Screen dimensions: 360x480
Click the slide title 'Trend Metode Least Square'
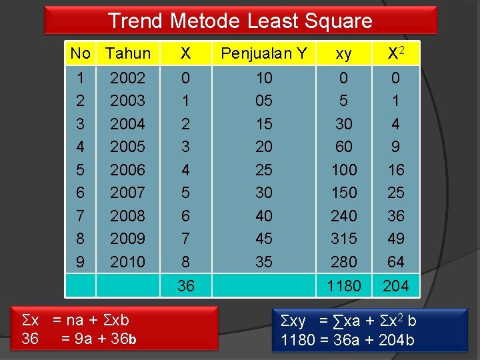point(240,21)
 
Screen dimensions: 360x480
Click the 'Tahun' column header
point(128,53)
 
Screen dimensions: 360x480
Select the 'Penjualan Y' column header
point(264,53)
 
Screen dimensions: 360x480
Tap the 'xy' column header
point(343,53)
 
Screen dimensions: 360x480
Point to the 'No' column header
point(80,53)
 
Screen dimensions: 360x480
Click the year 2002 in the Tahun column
point(127,78)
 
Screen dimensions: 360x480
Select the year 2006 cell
point(127,170)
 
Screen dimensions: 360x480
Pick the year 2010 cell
point(127,262)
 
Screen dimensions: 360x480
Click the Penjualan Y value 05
point(264,101)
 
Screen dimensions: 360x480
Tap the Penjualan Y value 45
point(264,239)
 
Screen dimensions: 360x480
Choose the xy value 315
point(344,239)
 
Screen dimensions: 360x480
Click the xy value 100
point(344,170)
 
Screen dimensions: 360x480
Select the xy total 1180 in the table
point(344,286)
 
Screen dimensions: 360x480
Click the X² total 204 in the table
point(396,286)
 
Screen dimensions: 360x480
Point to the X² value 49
point(396,239)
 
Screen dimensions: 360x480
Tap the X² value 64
point(396,262)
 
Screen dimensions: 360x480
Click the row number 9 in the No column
point(81,262)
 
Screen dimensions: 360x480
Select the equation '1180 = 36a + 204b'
point(347,341)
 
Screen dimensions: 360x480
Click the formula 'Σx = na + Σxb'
point(75,320)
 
